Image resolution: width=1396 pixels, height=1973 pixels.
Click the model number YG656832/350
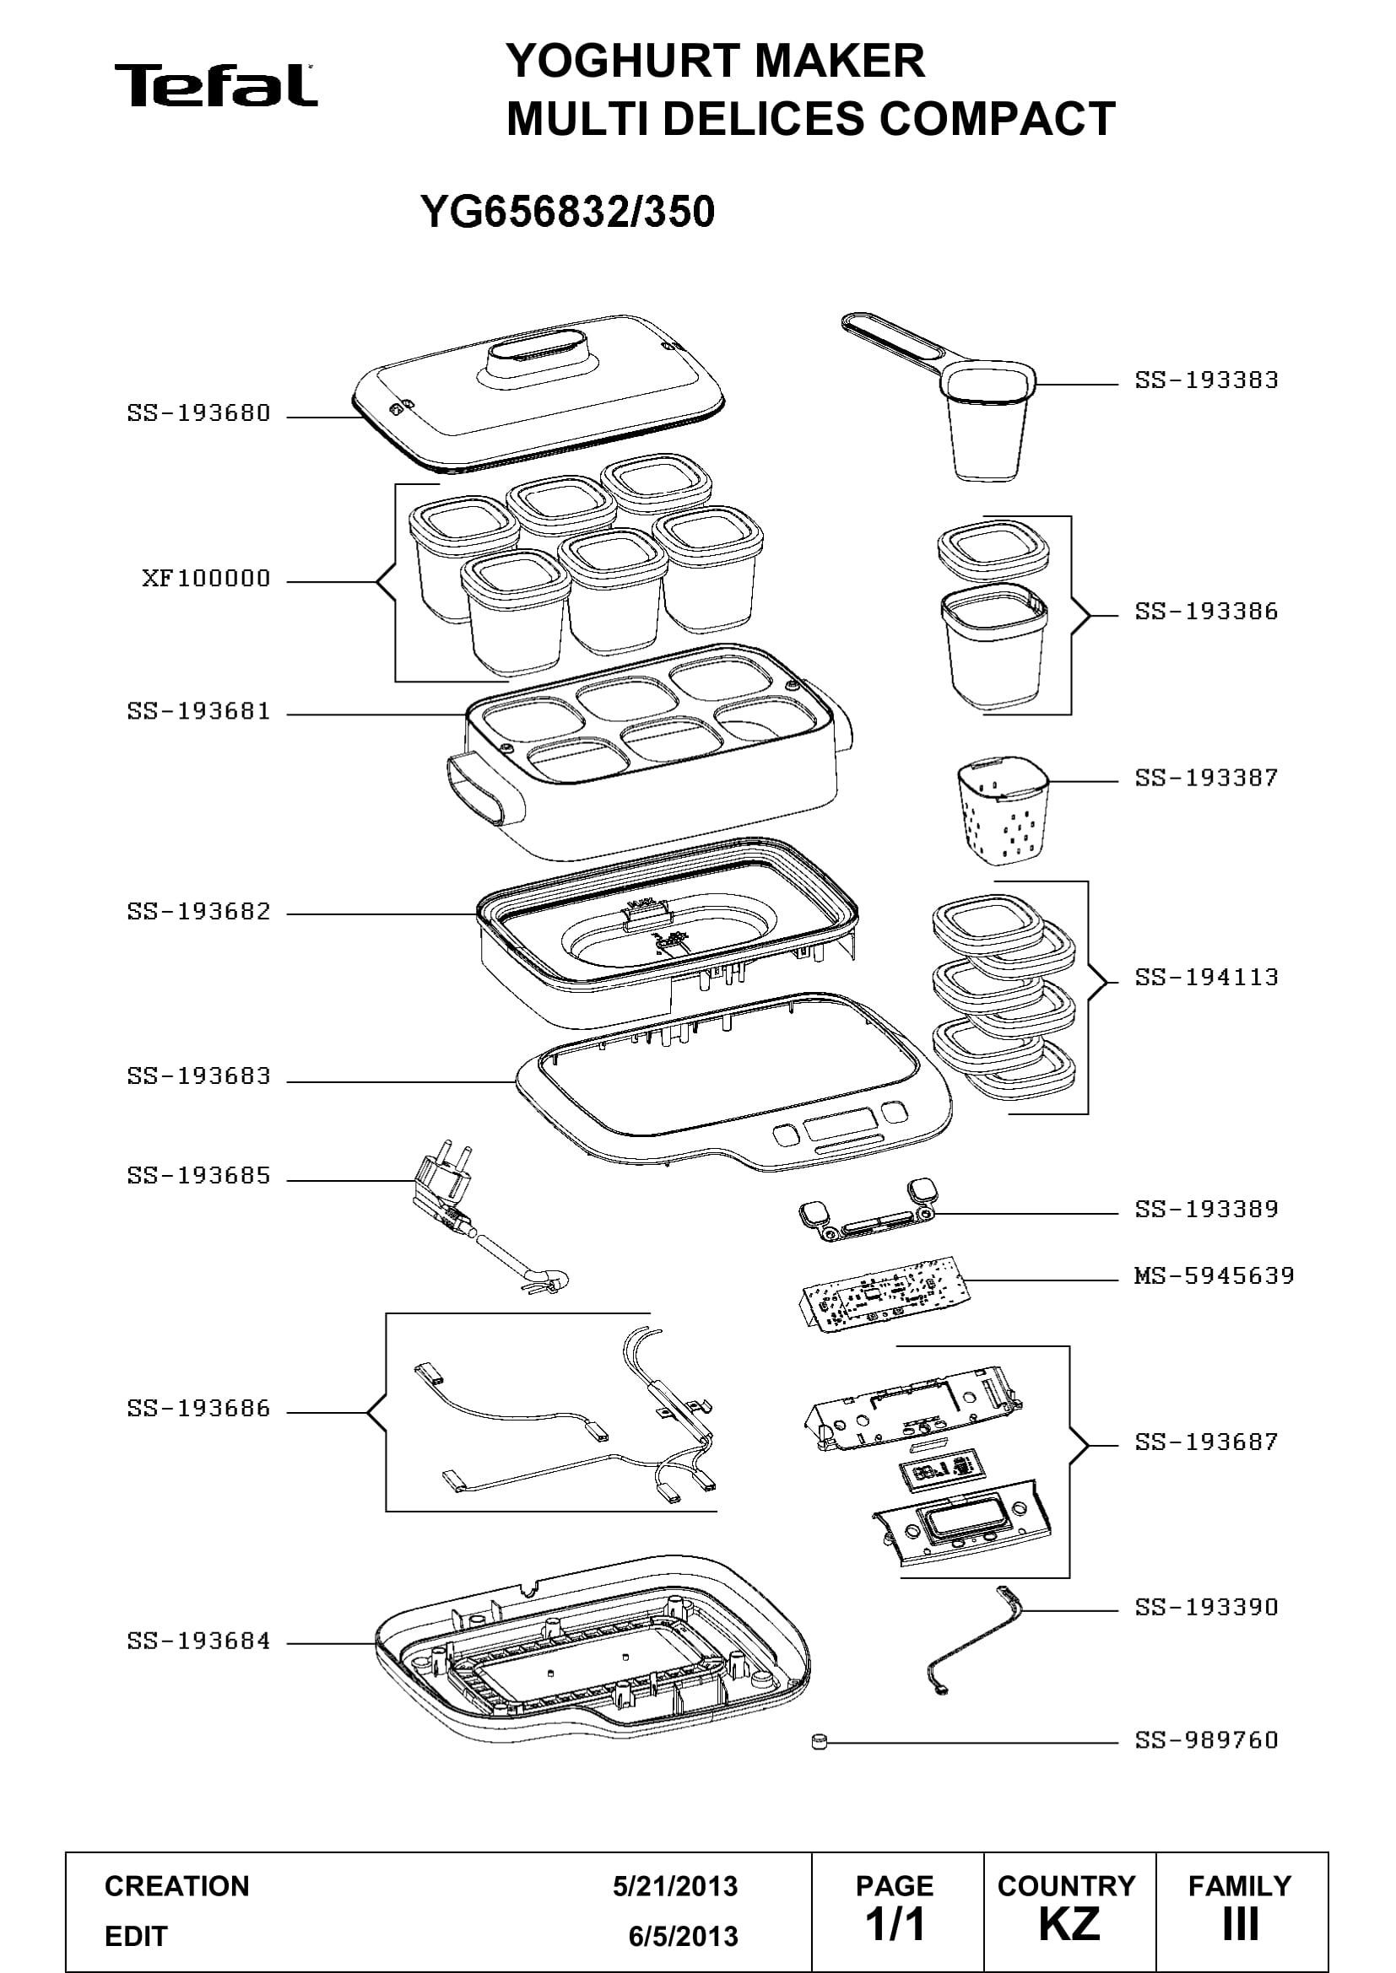[567, 212]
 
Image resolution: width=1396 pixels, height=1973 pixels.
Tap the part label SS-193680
[198, 413]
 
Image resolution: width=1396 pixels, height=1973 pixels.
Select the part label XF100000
[206, 579]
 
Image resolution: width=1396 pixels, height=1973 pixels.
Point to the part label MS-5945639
[1214, 1275]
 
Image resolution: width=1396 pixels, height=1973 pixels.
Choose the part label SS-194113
[1207, 977]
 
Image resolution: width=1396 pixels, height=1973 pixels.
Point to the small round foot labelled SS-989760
[819, 1742]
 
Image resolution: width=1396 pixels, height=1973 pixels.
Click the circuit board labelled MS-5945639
[885, 1294]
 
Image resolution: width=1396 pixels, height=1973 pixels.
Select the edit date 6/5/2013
[684, 1936]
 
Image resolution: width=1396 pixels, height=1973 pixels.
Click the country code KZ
[1069, 1924]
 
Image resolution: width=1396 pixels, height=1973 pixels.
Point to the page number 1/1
[895, 1924]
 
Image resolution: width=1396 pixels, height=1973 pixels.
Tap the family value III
[1241, 1924]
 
